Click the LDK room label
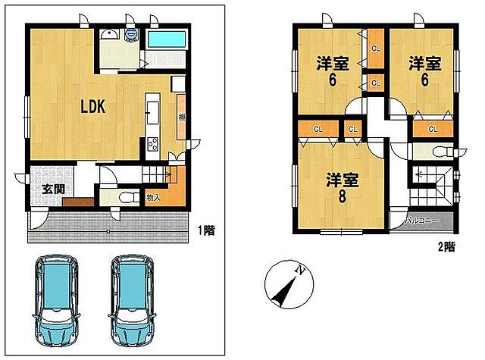pyautogui.click(x=97, y=108)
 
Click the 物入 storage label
pyautogui.click(x=153, y=198)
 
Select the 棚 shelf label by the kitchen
pyautogui.click(x=182, y=117)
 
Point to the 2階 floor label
pyautogui.click(x=446, y=246)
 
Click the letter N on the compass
pyautogui.click(x=301, y=270)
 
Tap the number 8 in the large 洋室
pyautogui.click(x=342, y=196)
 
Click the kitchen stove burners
pyautogui.click(x=152, y=142)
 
